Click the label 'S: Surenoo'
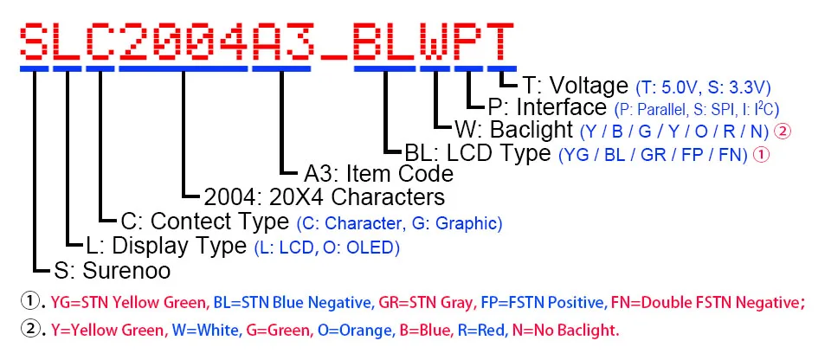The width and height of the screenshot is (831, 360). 113,270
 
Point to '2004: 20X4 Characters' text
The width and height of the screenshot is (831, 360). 325,196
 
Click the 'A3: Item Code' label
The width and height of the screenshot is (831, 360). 379,173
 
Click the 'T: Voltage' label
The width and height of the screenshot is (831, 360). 575,86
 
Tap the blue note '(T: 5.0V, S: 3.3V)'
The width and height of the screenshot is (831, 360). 703,87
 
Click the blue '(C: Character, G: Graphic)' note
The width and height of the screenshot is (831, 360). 399,223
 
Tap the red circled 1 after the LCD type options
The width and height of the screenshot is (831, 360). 761,155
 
